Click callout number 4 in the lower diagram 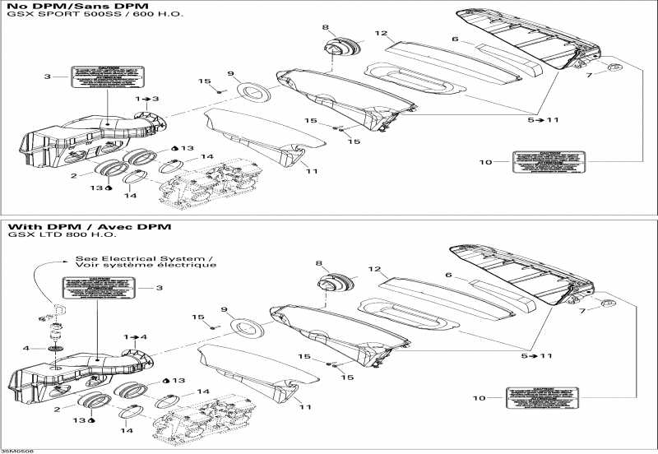[x=25, y=348]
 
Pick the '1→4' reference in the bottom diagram [x=137, y=337]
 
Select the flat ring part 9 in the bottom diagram [x=245, y=324]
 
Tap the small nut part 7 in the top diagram [x=614, y=66]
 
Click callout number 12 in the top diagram [x=380, y=34]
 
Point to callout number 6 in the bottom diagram [x=449, y=276]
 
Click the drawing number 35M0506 [x=14, y=450]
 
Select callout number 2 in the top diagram [x=73, y=175]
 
